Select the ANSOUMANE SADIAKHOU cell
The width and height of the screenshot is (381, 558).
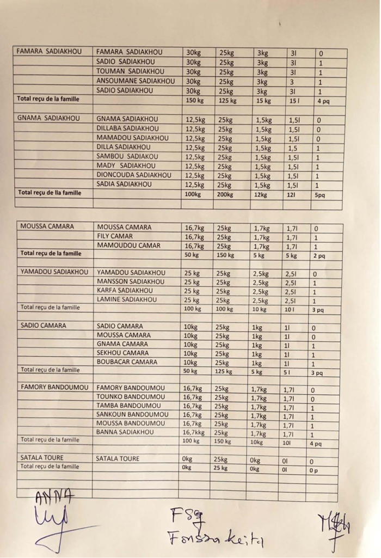[x=136, y=81]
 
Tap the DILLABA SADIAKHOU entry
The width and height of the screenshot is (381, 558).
[x=128, y=128]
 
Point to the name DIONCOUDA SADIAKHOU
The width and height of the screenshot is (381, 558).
[x=134, y=175]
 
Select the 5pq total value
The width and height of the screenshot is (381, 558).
[x=319, y=194]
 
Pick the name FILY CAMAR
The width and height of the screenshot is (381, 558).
[x=114, y=236]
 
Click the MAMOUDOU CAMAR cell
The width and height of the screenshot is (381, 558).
[x=128, y=246]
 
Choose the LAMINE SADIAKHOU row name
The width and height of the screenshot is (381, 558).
[x=127, y=299]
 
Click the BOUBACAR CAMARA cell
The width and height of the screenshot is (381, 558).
[x=127, y=361]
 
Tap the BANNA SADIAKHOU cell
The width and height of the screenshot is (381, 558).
[x=125, y=432]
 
